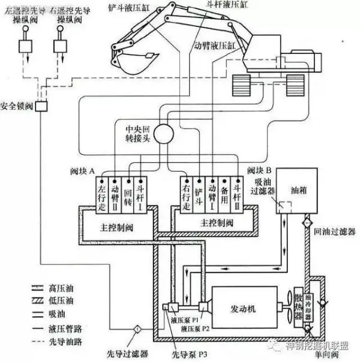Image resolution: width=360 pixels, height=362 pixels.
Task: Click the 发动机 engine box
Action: [243, 308]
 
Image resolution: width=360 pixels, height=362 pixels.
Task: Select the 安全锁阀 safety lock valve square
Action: [41, 105]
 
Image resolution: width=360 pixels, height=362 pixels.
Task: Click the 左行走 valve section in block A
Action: [101, 194]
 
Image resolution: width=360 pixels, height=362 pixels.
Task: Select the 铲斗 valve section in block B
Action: [200, 194]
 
